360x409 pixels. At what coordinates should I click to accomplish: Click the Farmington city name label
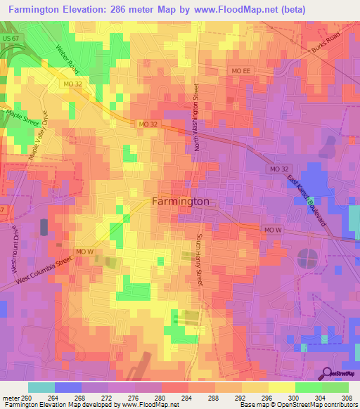pos(181,201)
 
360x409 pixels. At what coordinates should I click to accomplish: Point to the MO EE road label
pos(240,71)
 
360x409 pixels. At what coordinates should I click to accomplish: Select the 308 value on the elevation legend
pos(347,397)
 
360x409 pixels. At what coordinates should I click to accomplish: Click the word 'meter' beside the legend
pos(11,397)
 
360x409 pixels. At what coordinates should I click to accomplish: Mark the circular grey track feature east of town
pos(307,258)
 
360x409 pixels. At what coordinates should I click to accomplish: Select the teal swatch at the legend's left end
pos(41,387)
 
